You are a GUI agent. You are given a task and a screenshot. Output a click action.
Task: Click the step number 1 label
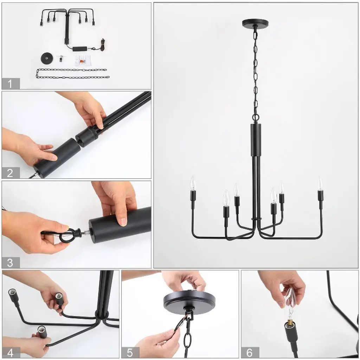point(10,84)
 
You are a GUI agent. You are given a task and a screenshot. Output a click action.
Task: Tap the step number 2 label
point(10,173)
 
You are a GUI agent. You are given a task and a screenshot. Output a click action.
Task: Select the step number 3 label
point(10,263)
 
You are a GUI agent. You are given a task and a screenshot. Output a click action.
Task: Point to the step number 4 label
point(11,352)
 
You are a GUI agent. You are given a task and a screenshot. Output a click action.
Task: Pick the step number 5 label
point(130,352)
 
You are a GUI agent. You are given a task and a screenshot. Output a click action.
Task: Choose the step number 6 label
point(250,352)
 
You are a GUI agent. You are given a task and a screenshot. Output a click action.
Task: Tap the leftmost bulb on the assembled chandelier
point(193,183)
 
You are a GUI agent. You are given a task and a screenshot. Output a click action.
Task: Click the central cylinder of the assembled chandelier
point(256,140)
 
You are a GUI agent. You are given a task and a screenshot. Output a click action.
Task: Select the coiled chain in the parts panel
point(72,73)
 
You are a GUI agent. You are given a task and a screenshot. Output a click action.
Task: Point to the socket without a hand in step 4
point(13,295)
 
